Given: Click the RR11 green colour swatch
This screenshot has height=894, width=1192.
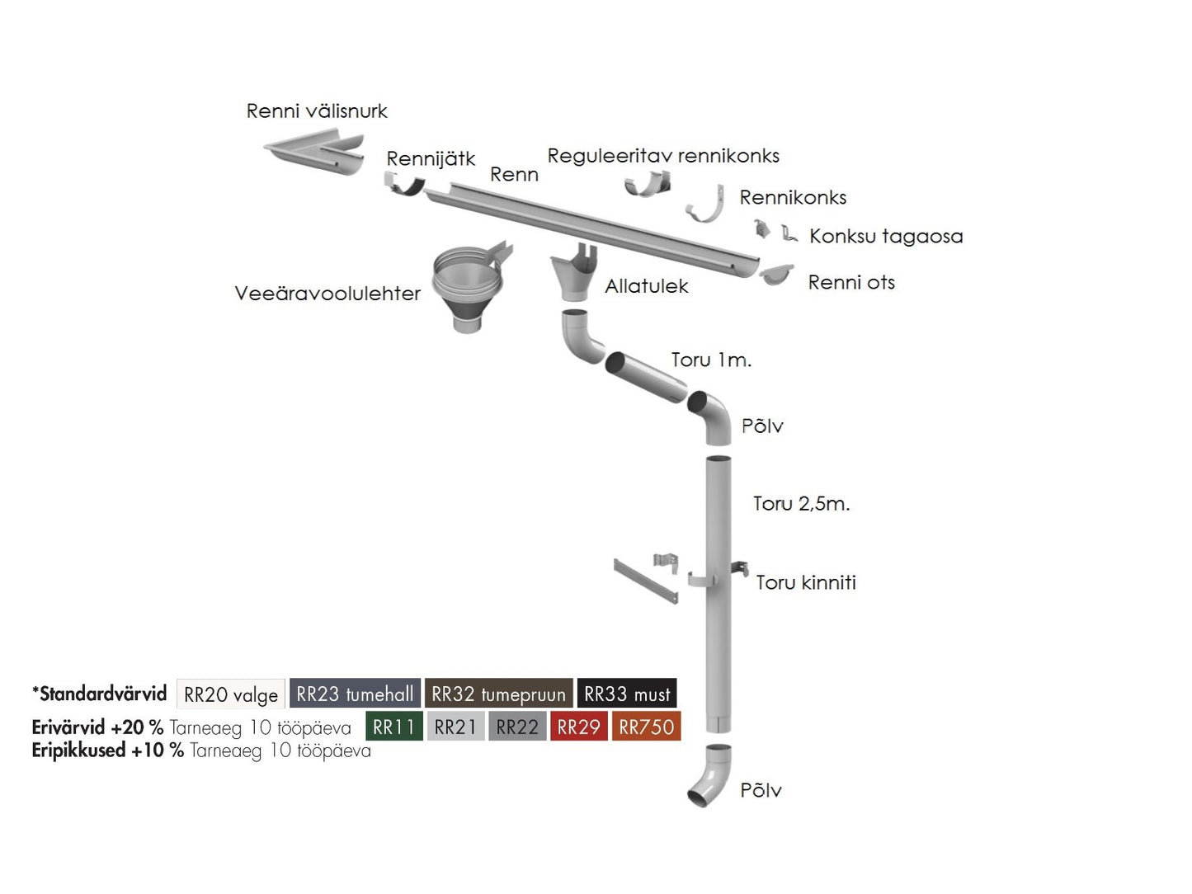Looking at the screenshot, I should point(393,727).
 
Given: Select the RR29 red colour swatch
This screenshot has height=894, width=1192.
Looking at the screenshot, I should point(578,727).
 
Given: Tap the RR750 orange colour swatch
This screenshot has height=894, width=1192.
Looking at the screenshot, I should point(646,727).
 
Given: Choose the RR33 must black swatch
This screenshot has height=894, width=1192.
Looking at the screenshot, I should point(627,694).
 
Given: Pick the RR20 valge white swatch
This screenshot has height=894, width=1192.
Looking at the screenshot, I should point(231,694).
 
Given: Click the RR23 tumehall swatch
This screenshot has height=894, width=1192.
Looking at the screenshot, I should point(355,694).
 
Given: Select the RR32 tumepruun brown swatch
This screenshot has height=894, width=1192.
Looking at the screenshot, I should point(498,694).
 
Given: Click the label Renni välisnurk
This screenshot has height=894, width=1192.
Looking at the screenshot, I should point(317,111).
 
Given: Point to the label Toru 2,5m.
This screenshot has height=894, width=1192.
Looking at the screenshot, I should point(801,504).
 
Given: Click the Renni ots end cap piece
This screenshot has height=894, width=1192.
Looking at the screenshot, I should point(775,274).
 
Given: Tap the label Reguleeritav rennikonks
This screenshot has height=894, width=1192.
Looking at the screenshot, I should point(663,156).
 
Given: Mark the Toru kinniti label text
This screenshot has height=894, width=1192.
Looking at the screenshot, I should point(806,583).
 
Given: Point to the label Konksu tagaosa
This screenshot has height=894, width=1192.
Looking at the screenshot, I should point(886,237).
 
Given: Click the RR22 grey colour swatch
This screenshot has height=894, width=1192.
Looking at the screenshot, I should point(517,727).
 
